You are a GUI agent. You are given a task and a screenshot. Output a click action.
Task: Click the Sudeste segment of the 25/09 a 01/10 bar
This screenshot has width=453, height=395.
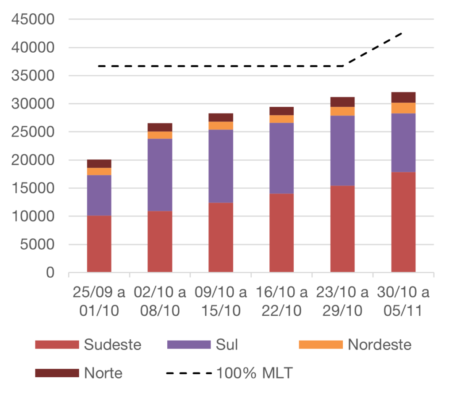pos(99,244)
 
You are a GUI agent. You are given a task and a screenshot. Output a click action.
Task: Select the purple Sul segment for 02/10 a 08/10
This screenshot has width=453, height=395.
pos(160,175)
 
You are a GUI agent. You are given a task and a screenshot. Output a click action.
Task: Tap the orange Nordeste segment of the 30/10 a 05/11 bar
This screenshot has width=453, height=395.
pos(403,108)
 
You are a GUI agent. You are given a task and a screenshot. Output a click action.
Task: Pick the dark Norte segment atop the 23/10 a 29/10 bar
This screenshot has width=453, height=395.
pos(342,101)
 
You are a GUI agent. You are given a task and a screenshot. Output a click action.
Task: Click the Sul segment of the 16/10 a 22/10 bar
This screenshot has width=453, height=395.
pos(282,158)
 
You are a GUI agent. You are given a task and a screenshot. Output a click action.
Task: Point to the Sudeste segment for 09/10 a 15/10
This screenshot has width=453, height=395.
pos(221,237)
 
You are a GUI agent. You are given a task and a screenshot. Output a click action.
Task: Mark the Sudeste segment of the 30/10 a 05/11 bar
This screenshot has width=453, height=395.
pos(403,221)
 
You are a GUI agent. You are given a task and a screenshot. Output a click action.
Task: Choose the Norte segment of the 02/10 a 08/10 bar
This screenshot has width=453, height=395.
pos(160,127)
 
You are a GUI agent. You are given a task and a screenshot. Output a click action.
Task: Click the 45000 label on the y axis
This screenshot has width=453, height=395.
pos(33,19)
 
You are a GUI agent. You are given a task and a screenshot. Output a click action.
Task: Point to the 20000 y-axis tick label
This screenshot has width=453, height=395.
pos(33,160)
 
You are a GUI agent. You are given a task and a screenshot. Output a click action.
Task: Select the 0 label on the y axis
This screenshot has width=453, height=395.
pos(50,273)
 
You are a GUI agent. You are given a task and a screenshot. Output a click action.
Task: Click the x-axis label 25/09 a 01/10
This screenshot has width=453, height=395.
pos(99,302)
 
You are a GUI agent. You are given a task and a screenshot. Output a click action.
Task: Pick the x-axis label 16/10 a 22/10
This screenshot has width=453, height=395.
pos(282,302)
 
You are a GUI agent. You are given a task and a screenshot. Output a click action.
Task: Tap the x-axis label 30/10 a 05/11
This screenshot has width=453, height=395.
pos(403,302)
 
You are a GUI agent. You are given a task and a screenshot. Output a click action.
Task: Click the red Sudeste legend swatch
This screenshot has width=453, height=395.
pos(57,345)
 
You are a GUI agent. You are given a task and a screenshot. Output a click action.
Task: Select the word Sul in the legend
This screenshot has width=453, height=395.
pos(226,345)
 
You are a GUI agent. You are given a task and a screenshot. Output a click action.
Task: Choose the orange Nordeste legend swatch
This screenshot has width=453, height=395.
pos(321,345)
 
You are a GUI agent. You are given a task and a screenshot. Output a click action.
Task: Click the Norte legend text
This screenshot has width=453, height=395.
pos(103,373)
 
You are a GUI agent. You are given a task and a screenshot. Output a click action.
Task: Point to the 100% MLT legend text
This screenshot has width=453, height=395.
pos(254,373)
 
